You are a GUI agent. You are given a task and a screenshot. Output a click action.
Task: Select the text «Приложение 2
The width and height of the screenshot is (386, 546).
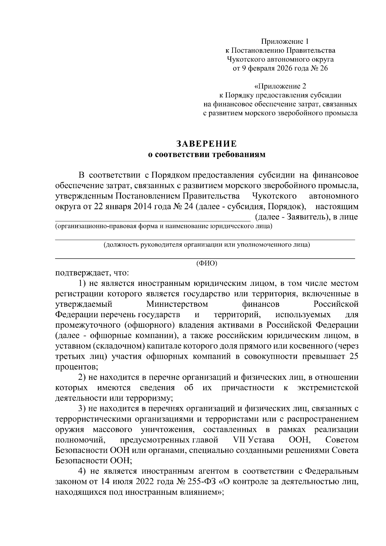click(x=280, y=86)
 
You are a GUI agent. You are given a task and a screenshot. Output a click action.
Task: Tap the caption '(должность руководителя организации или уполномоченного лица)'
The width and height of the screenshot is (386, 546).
click(x=207, y=245)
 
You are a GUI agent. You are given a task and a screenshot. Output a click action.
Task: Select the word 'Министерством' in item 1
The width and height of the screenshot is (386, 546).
click(x=177, y=304)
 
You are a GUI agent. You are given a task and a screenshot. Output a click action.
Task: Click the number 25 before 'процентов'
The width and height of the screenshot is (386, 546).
click(x=354, y=357)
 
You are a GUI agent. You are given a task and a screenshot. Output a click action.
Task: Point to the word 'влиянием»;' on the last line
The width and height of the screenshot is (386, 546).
click(x=204, y=492)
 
